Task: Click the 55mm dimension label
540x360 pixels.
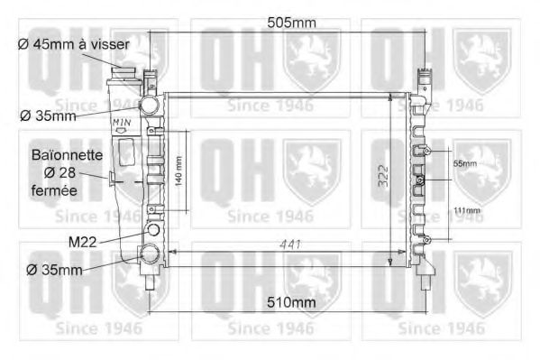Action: point(464,163)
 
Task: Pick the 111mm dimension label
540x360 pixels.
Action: point(467,211)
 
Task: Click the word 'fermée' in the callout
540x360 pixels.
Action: point(54,191)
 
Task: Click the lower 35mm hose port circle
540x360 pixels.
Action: point(149,254)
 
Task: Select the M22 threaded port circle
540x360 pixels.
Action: point(152,230)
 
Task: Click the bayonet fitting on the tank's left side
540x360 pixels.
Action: point(111,179)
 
